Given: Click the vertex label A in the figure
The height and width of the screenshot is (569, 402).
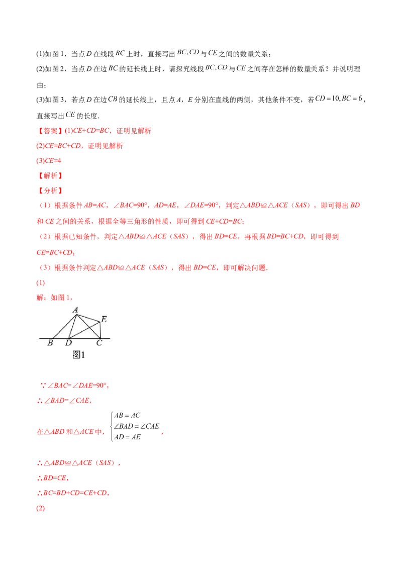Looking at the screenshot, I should point(75,310).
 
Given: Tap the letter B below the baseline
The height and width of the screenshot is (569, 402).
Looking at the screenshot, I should point(50,343).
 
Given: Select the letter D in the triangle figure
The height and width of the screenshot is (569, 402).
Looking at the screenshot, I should point(68,343).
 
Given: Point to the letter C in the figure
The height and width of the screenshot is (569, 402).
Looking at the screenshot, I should point(99,343).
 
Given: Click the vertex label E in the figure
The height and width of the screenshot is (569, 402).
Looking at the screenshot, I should point(104,319).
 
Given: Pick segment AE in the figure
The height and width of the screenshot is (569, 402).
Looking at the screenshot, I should point(89,319).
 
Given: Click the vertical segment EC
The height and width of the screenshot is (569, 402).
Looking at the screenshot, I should point(101,330).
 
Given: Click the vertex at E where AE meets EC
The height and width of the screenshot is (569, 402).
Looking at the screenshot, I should point(101,323).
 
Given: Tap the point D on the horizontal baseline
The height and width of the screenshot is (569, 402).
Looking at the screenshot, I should point(69,338).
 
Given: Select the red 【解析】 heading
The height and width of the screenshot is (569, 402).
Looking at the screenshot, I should point(50,176).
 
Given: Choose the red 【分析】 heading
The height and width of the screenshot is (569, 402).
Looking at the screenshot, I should point(50,191).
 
